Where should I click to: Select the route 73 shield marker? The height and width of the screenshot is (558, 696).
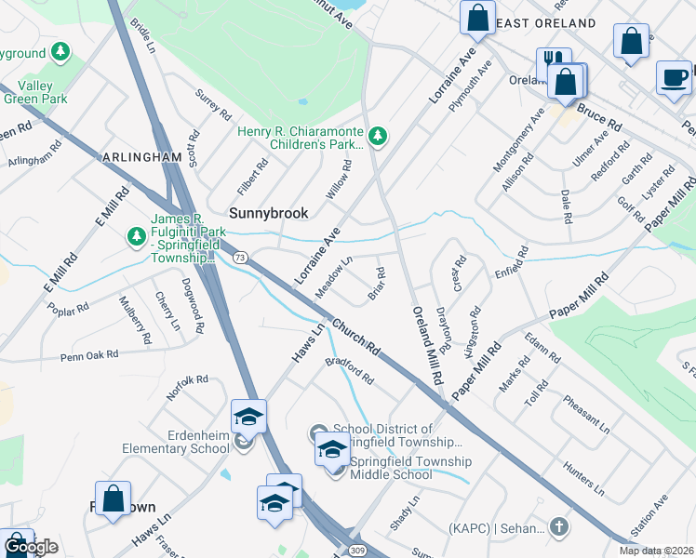(240, 256)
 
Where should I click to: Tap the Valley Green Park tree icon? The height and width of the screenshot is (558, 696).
(60, 50)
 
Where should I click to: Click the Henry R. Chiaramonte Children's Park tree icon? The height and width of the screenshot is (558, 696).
(377, 137)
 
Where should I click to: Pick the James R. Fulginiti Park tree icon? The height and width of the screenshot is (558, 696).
(136, 236)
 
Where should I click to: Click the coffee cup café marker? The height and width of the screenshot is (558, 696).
(674, 77)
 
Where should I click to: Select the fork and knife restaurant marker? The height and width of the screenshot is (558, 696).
(554, 62)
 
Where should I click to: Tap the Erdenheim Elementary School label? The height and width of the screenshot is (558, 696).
(176, 442)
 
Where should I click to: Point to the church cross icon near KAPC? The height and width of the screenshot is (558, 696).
(557, 527)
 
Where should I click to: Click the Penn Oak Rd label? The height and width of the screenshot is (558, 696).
(89, 354)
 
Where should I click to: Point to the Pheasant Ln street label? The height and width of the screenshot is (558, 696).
(586, 414)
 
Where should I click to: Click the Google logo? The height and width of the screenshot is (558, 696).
(31, 547)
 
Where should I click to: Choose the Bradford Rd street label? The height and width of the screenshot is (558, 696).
(349, 371)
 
